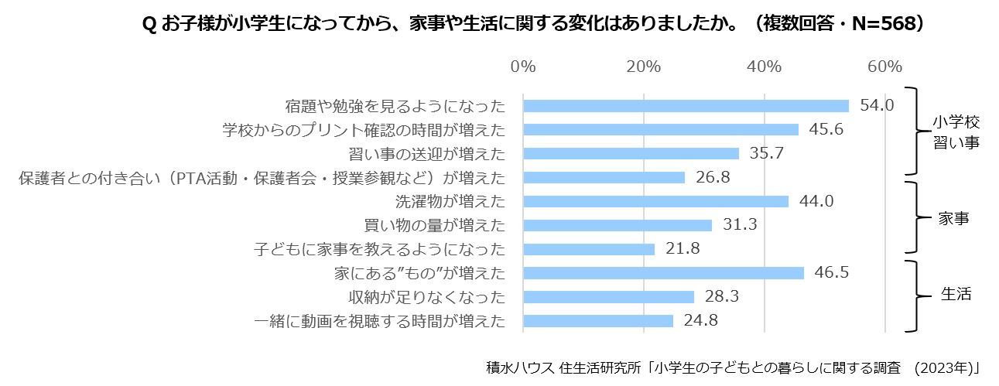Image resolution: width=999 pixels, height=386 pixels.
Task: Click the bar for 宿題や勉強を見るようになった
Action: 686,106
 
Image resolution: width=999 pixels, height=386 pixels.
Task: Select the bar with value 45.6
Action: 661,130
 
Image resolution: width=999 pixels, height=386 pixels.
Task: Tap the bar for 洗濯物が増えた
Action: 655,201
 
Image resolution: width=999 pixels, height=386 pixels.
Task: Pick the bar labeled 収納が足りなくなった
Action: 608,297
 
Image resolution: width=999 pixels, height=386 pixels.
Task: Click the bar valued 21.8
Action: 589,249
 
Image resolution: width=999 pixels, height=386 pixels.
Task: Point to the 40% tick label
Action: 765,67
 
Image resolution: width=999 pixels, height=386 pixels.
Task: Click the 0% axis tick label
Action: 523,67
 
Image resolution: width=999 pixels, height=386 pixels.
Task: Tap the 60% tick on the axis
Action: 884,67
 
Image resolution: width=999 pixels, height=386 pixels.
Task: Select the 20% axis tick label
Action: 644,67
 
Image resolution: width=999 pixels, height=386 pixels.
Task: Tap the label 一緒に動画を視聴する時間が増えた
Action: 380,320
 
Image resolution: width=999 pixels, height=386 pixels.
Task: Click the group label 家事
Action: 954,219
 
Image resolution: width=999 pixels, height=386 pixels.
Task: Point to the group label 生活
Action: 956,295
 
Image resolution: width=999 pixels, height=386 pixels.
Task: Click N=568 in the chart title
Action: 878,24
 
